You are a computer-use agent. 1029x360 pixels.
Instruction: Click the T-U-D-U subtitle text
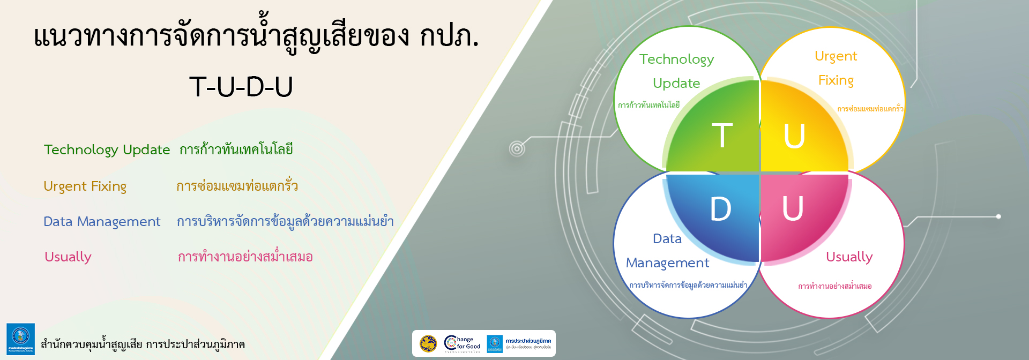click(241, 87)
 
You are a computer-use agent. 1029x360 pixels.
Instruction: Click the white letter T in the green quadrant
click(722, 135)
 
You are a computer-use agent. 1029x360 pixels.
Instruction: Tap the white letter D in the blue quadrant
click(720, 208)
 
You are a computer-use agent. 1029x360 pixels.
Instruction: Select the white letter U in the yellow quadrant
click(794, 136)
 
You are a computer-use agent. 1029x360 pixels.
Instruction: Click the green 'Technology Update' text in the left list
click(107, 149)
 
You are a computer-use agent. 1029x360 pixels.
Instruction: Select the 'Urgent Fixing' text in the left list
click(85, 186)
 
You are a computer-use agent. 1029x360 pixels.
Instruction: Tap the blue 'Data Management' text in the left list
click(102, 221)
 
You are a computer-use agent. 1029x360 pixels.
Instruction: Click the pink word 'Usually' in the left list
click(68, 257)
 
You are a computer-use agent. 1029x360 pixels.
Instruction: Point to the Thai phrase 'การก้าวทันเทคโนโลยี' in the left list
click(236, 149)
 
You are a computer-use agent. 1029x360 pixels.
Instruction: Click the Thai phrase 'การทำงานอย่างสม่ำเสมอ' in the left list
click(245, 257)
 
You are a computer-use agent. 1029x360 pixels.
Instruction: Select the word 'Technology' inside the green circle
click(676, 59)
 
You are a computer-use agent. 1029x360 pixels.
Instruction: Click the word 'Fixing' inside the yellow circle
click(836, 80)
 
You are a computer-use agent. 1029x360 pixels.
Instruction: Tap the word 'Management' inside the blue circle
click(667, 263)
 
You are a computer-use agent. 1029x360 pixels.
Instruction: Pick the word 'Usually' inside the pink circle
click(849, 257)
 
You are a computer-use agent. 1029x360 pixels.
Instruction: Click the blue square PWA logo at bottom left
click(20, 339)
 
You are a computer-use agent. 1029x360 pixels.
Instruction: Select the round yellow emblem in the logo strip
click(428, 343)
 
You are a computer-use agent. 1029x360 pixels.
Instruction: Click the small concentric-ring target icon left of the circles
click(517, 149)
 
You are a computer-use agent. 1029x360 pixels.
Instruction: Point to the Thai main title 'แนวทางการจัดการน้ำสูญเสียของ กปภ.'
click(256, 36)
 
